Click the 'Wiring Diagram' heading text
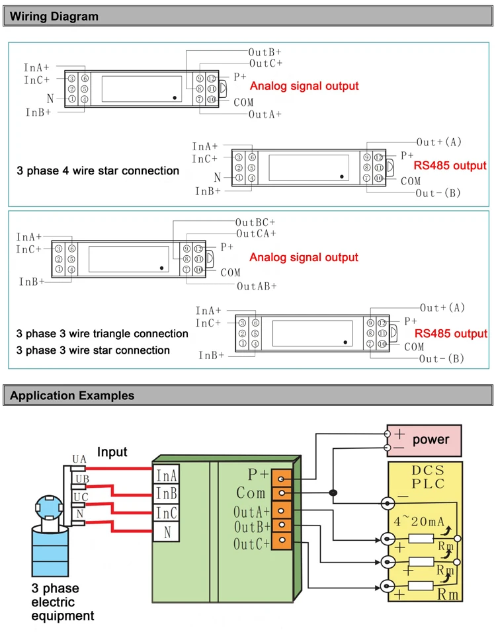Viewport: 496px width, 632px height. [x=54, y=17]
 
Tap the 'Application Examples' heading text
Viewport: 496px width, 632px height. [x=72, y=395]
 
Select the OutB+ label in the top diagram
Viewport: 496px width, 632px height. [x=265, y=52]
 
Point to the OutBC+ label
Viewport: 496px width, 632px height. [x=255, y=223]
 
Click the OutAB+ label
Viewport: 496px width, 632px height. [x=257, y=286]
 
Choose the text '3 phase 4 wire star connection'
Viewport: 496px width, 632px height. [x=98, y=171]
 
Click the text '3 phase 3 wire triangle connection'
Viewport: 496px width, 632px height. [x=102, y=334]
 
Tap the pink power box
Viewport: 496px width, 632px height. [x=424, y=440]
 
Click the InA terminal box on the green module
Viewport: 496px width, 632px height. [x=166, y=475]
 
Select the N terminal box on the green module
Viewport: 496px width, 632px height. [x=166, y=532]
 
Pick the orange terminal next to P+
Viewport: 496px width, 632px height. [x=282, y=479]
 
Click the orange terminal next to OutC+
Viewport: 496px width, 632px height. [x=282, y=540]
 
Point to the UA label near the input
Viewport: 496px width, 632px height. [x=79, y=459]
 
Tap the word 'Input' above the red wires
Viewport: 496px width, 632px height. [x=112, y=452]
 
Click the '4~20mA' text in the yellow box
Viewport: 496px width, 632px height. [x=419, y=522]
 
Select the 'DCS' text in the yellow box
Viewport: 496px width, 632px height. [x=428, y=471]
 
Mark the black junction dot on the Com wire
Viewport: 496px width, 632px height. [x=333, y=493]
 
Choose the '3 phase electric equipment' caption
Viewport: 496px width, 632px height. [x=63, y=602]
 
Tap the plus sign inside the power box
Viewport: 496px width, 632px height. [x=399, y=434]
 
